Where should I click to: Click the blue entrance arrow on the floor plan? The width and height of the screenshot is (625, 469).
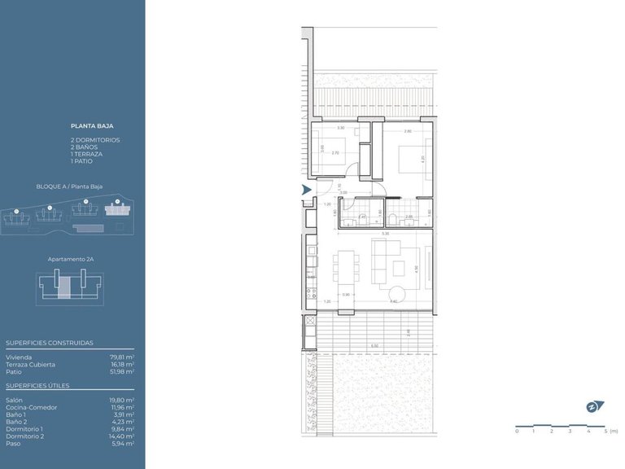pyautogui.click(x=307, y=190)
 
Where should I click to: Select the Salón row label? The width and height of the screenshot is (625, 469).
pyautogui.click(x=15, y=400)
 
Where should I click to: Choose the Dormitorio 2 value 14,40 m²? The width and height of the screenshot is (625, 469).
pyautogui.click(x=123, y=436)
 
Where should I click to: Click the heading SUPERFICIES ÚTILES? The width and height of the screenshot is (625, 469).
pyautogui.click(x=37, y=385)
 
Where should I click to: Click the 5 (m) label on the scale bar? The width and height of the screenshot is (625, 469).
pyautogui.click(x=612, y=431)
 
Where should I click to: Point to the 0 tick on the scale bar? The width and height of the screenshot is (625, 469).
pyautogui.click(x=517, y=431)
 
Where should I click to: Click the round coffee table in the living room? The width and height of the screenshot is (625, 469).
pyautogui.click(x=398, y=294)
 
